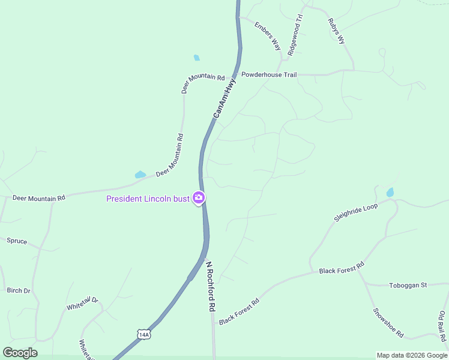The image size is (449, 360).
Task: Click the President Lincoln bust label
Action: (x=148, y=199)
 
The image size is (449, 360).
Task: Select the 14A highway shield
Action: (x=143, y=334)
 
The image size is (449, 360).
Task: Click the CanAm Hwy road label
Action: (x=224, y=97)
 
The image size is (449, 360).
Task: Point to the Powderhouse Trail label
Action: (x=269, y=75)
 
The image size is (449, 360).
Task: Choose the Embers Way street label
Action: (x=267, y=36)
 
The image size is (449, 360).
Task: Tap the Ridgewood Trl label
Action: (x=295, y=35)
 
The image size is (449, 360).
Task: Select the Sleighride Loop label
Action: (x=356, y=212)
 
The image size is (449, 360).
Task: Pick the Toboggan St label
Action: (x=408, y=285)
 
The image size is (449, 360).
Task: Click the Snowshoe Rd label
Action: (x=388, y=323)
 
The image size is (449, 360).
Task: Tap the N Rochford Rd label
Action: (x=211, y=286)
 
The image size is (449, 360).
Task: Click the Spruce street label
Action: (x=17, y=241)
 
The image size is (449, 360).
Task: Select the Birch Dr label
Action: (x=19, y=290)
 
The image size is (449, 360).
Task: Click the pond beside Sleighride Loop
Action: (x=390, y=193)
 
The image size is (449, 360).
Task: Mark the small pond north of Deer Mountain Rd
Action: (x=196, y=58)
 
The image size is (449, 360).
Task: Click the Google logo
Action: (x=20, y=353)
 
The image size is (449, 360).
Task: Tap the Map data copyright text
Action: (x=411, y=355)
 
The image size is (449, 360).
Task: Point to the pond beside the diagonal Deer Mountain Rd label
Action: (x=140, y=175)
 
